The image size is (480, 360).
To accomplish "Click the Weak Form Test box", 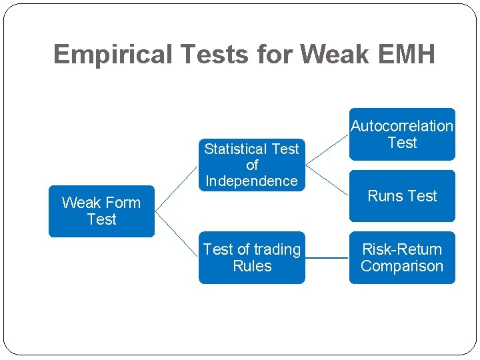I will click(101, 211).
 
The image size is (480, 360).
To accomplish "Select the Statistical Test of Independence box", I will click(251, 165).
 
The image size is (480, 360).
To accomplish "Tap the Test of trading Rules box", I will click(251, 257).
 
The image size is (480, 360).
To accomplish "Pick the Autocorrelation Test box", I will click(402, 134).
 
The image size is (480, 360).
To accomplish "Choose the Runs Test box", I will click(402, 196).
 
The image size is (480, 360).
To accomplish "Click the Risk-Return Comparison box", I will click(402, 257).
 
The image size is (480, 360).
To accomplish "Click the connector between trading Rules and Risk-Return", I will click(327, 257).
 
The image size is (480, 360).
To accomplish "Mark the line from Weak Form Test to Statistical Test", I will click(177, 187).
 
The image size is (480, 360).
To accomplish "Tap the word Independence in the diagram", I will click(251, 181).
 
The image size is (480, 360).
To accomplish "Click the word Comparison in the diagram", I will click(402, 266).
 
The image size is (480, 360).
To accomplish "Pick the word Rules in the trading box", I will click(252, 266).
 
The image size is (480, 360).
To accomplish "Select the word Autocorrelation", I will click(402, 126).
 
